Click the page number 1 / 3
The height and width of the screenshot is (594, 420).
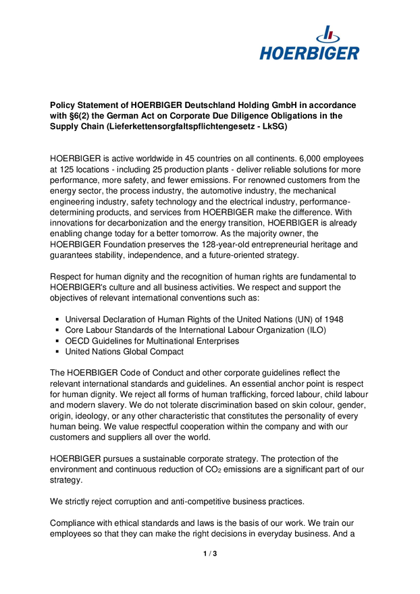coord(210,553)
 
